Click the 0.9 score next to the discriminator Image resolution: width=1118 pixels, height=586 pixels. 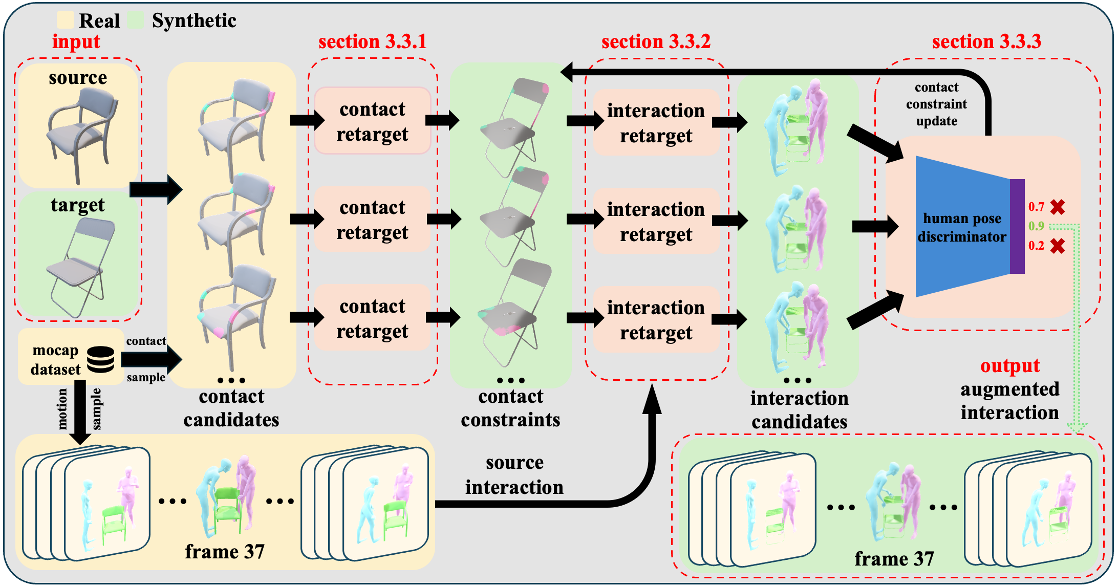1036,226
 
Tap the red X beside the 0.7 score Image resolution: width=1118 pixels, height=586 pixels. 1058,207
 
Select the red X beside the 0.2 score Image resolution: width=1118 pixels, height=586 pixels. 1058,246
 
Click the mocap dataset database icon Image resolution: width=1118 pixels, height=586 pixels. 100,359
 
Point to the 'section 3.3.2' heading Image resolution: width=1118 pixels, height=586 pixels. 656,41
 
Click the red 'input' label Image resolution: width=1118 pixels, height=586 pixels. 76,42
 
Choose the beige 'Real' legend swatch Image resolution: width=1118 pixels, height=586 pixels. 66,20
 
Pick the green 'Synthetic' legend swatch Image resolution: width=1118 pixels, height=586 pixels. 136,20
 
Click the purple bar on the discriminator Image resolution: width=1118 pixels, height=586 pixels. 1017,226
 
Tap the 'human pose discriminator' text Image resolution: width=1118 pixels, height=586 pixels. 962,228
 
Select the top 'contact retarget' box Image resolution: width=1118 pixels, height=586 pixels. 372,121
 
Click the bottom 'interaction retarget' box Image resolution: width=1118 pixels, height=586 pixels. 656,320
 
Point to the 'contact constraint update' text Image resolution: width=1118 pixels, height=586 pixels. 936,104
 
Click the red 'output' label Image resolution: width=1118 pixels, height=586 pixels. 1009,366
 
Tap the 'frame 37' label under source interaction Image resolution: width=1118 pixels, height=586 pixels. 225,552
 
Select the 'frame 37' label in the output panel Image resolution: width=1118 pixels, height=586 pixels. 894,558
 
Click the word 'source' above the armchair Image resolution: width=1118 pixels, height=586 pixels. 78,78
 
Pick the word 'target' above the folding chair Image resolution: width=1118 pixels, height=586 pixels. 78,205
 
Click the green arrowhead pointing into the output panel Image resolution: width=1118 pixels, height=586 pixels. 1078,428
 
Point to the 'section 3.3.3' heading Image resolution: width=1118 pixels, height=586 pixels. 986,41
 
